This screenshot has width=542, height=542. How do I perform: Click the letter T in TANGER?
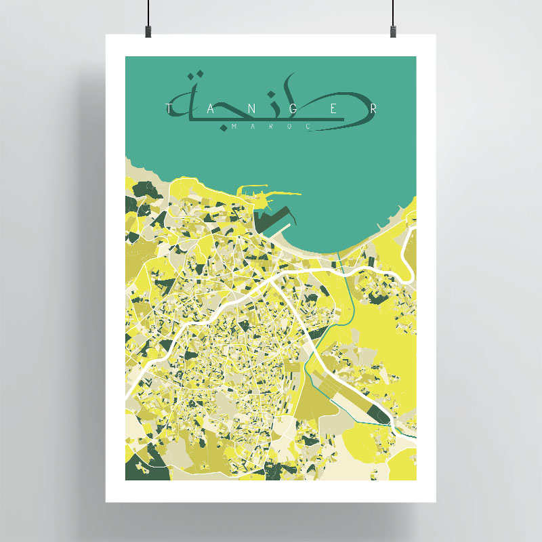pos(169,109)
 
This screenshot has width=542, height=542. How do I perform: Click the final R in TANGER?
pos(373,109)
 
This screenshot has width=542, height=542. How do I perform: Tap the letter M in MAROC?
pos(234,127)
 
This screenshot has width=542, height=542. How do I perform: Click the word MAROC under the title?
pos(270,127)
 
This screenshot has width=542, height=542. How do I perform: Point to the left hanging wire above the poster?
pos(148,10)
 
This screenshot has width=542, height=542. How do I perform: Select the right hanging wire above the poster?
pos(393,10)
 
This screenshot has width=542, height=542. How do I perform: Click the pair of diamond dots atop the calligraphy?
pos(196,74)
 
